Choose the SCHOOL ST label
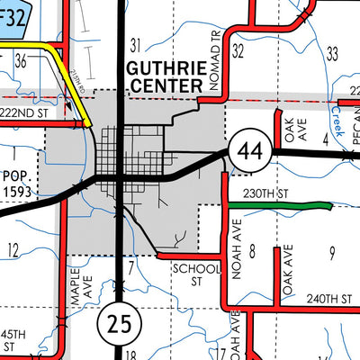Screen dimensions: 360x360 (195, 274)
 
